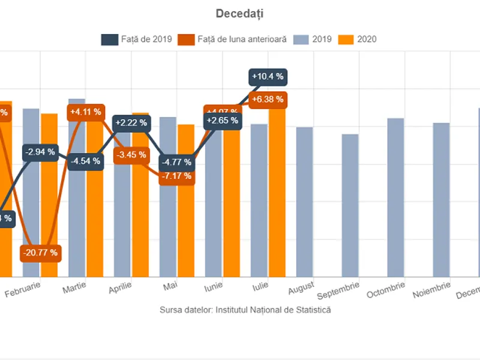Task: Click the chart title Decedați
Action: click(x=239, y=13)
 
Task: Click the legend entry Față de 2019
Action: click(x=137, y=40)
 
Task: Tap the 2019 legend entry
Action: click(x=313, y=40)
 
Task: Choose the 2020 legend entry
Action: click(x=358, y=40)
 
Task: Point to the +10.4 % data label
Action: click(x=268, y=77)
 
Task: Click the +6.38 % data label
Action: click(x=268, y=100)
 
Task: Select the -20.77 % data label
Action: click(x=41, y=253)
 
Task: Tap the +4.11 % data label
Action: click(x=86, y=112)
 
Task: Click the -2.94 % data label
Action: click(x=41, y=152)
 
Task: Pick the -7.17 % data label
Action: click(x=177, y=176)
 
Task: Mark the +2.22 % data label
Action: click(x=132, y=123)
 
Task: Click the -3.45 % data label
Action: click(x=132, y=155)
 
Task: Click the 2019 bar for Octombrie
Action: click(x=395, y=197)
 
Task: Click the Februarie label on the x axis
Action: click(x=23, y=289)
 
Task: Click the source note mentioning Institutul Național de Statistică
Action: click(x=245, y=310)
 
